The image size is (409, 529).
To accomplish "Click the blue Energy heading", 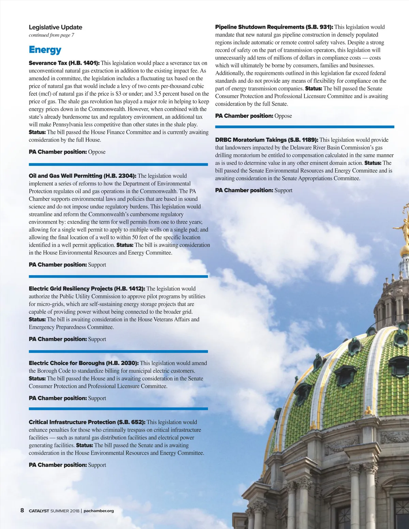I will point(45,50).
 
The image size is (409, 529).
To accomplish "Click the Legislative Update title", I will point(55,27).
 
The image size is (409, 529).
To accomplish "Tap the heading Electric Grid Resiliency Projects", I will point(71,289).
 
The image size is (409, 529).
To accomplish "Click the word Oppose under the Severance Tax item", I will point(97,152).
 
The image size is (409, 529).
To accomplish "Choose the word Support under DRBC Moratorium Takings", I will point(283,190).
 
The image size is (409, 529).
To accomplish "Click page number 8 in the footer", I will point(22,510).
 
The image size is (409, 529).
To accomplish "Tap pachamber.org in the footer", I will point(99,511).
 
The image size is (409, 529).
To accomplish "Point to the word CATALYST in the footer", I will point(39,511).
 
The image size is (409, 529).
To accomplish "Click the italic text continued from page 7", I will point(51,35).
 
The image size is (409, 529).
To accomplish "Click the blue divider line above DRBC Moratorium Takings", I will point(304,127).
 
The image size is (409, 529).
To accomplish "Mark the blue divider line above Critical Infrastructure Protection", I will point(118,408).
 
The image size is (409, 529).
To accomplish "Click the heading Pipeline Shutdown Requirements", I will point(260,27).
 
